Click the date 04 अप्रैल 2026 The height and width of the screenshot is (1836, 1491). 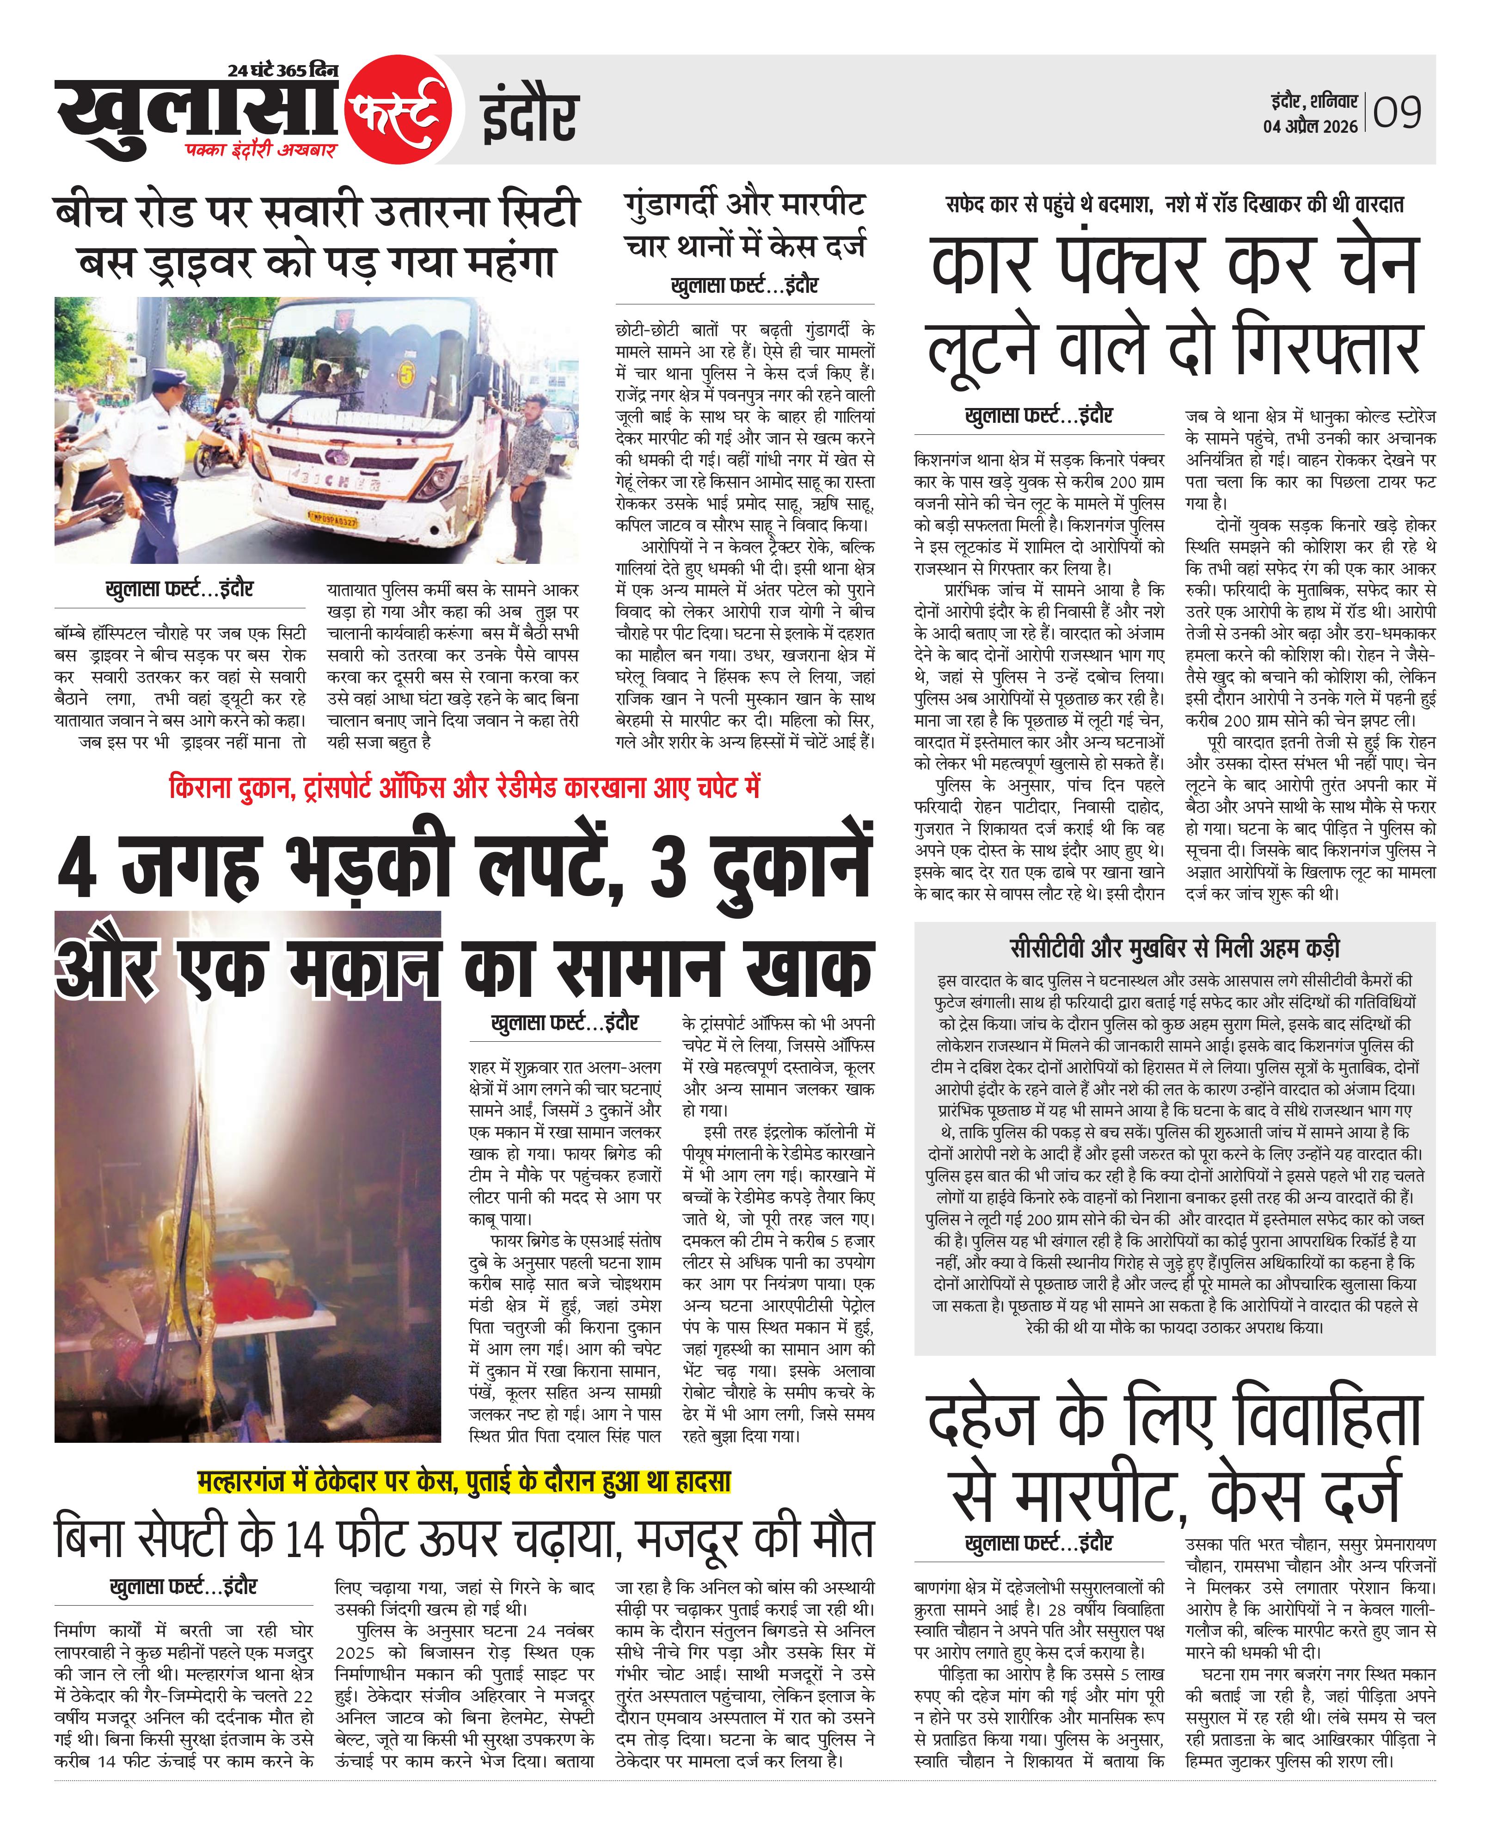[1310, 126]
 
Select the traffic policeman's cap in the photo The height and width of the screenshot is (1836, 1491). [163, 378]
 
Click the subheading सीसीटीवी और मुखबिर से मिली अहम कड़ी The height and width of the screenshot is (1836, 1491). [1174, 948]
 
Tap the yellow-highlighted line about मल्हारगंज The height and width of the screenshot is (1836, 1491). [464, 1481]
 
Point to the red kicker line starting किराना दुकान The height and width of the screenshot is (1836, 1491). [464, 787]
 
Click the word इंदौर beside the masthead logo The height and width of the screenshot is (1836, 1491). [528, 117]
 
